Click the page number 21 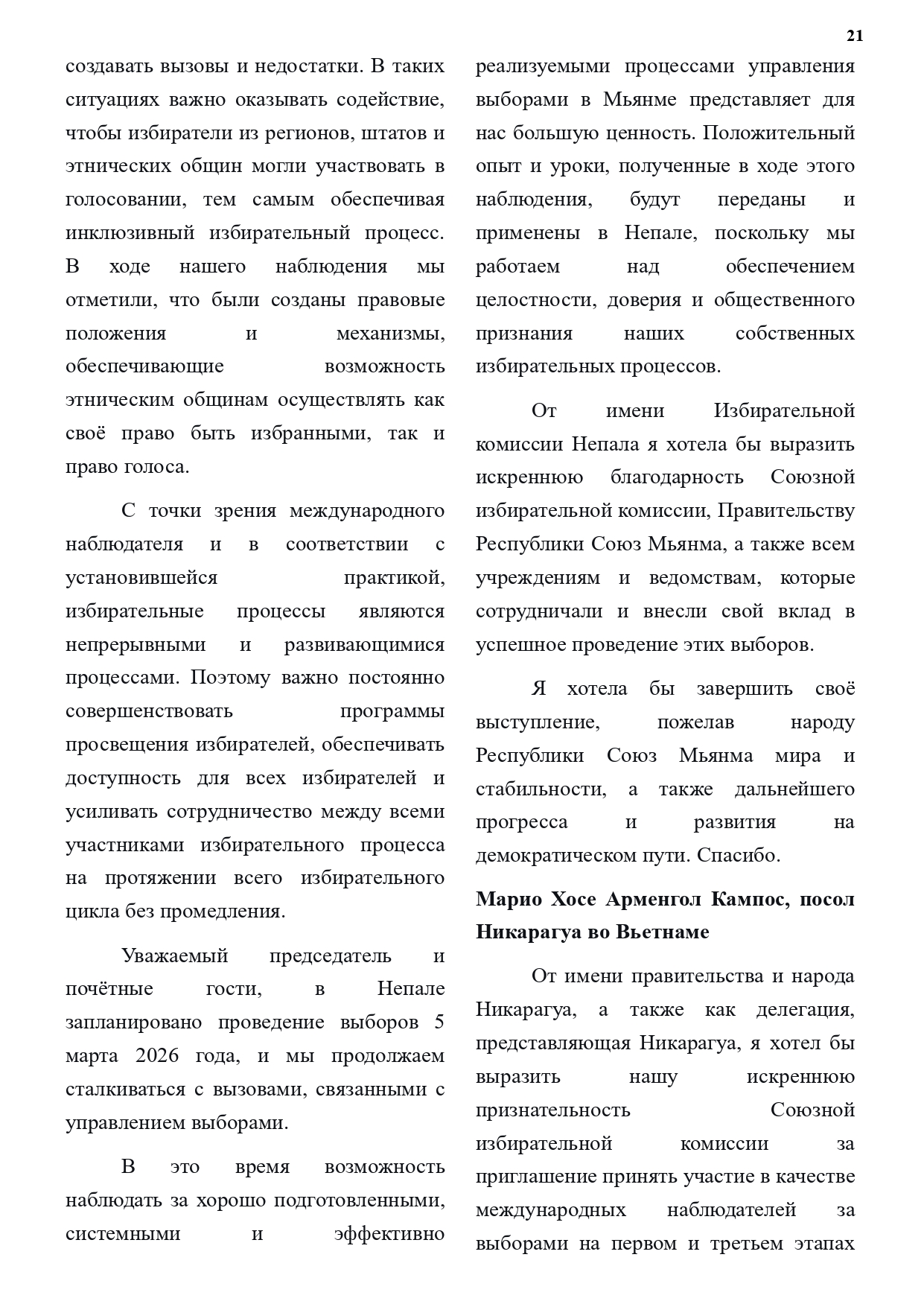tap(854, 36)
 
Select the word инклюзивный tap(130, 233)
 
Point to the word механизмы tap(390, 333)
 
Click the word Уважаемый tap(174, 955)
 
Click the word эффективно tap(389, 1234)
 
